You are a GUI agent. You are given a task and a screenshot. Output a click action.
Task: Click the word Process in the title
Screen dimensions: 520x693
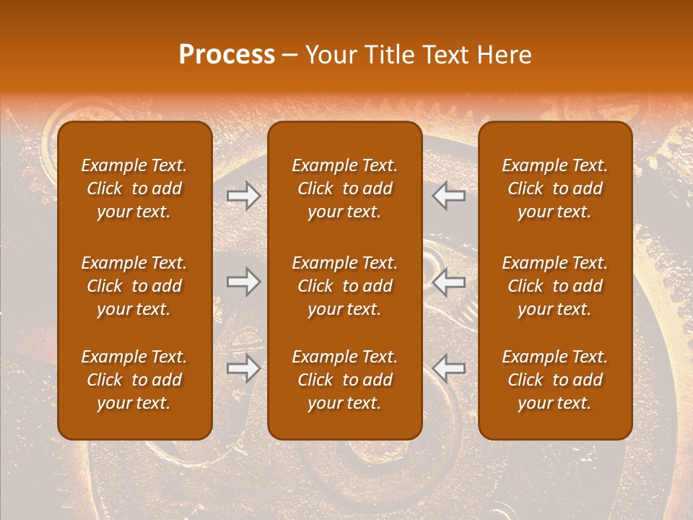pos(227,55)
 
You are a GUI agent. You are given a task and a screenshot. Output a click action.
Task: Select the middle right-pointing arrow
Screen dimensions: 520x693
pos(244,282)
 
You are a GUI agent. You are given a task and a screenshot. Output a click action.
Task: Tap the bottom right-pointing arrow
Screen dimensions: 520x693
pos(244,368)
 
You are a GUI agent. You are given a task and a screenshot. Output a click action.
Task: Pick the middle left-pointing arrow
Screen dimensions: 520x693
pos(449,282)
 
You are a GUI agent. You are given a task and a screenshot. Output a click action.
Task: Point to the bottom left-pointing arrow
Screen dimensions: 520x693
pos(449,368)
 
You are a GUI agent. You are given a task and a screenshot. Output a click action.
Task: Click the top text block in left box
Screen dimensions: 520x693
pos(134,188)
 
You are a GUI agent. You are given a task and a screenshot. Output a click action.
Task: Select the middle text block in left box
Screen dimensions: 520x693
pos(134,286)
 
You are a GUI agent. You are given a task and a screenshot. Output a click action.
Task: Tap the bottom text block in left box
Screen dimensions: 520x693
pos(134,380)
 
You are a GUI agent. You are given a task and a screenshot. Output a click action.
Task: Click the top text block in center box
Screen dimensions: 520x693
pos(344,188)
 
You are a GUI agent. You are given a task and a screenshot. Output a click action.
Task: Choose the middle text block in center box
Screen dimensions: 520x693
pos(344,286)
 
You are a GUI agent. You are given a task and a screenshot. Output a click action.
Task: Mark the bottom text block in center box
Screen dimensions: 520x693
pos(344,380)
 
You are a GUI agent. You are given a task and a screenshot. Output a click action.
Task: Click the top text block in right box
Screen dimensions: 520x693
pos(554,188)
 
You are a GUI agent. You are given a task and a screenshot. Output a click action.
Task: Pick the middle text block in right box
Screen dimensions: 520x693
pos(554,286)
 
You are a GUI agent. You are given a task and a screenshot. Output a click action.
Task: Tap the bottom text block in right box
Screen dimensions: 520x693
pos(554,380)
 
